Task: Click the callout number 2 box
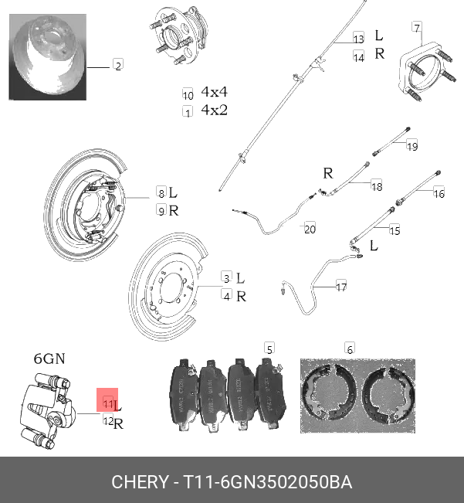[x=118, y=66]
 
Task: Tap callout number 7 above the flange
[x=417, y=29]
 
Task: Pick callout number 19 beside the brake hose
[x=412, y=146]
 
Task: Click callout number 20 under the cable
[x=310, y=229]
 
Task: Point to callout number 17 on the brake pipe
[x=341, y=287]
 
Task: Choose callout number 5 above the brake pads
[x=269, y=348]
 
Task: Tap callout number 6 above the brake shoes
[x=349, y=349]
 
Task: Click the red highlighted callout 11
[x=107, y=403]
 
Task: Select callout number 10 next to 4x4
[x=188, y=93]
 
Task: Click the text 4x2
[x=214, y=110]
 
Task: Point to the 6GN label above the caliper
[x=49, y=359]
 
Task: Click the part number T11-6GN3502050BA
[x=267, y=483]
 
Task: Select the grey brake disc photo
[x=48, y=60]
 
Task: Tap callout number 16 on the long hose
[x=439, y=193]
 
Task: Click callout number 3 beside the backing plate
[x=226, y=277]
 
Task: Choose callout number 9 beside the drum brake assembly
[x=161, y=210]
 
